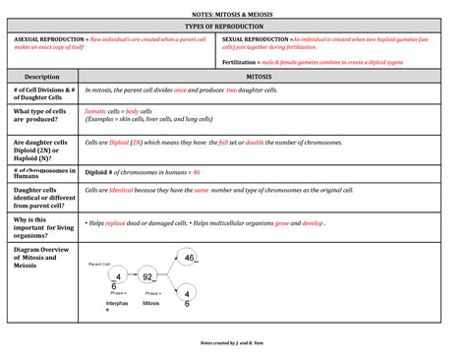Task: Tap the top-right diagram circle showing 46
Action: pyautogui.click(x=188, y=258)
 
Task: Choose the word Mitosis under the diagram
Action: pyautogui.click(x=149, y=304)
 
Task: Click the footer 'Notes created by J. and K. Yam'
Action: pyautogui.click(x=233, y=341)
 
